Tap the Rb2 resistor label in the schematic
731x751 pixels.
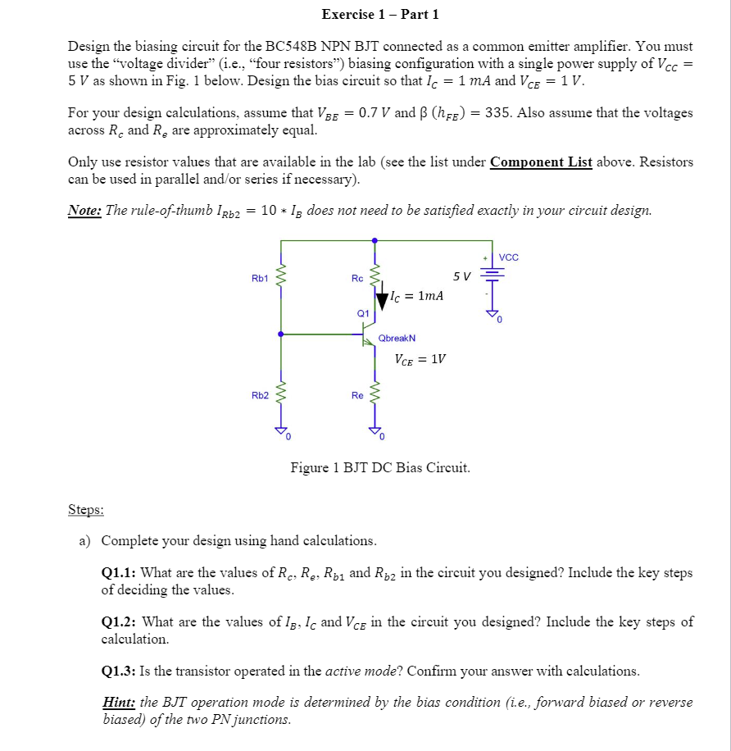pos(260,395)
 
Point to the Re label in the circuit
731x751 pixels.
pos(357,395)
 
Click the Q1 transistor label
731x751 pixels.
pos(363,312)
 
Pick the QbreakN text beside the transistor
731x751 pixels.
pos(397,338)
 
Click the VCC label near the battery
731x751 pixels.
pos(508,257)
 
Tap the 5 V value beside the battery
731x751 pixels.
pos(461,275)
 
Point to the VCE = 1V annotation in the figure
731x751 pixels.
pos(420,358)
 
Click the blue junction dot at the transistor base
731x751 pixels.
pos(281,335)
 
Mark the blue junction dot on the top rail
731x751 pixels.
pos(375,241)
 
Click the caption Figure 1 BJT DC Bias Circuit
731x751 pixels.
pos(380,468)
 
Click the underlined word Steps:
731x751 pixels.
pos(85,510)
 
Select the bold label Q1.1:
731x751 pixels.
pos(118,573)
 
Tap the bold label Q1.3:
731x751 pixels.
pos(118,671)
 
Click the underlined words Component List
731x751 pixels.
pos(541,162)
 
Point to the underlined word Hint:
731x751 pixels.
pos(119,703)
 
